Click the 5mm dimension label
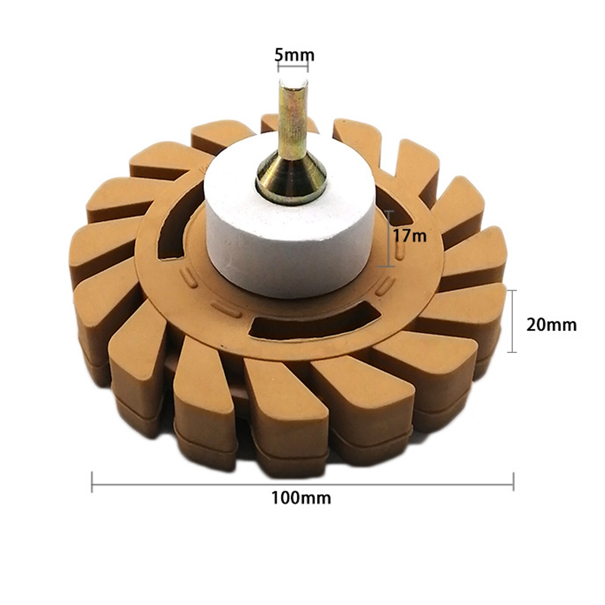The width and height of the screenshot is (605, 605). click(x=294, y=55)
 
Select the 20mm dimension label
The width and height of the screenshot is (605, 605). click(x=551, y=325)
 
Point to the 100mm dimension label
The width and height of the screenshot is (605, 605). click(x=301, y=498)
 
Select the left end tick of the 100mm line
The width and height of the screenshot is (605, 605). click(x=92, y=482)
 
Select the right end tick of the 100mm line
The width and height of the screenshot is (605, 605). click(x=513, y=482)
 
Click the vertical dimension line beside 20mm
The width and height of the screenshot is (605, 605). click(x=512, y=321)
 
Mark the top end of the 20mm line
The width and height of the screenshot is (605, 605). click(x=512, y=291)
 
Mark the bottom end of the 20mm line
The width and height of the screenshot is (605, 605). click(x=512, y=352)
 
